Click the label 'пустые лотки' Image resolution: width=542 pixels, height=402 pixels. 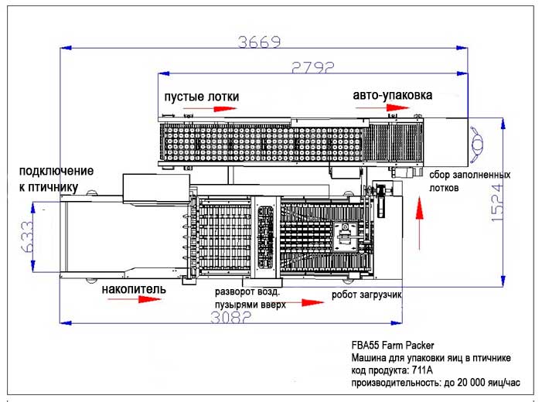point(201,97)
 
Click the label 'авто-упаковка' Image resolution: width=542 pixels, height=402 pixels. point(392,96)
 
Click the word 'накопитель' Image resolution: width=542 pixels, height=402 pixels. point(131,289)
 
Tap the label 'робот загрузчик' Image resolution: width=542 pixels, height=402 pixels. point(367,295)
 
